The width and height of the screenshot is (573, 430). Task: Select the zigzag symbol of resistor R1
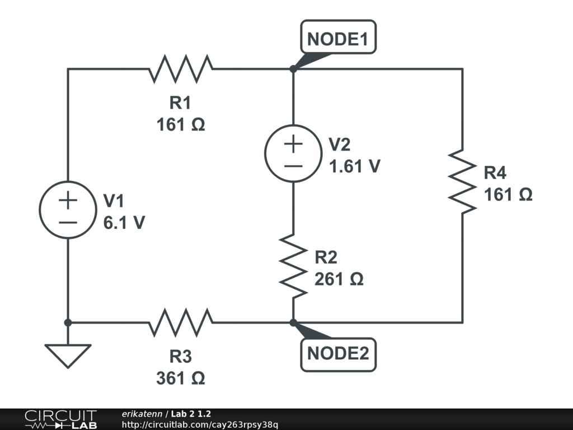pyautogui.click(x=181, y=69)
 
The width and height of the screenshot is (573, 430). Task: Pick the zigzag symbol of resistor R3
pyautogui.click(x=181, y=322)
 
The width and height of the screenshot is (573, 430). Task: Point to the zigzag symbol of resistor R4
pyautogui.click(x=462, y=181)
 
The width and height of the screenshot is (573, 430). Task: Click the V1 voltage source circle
pyautogui.click(x=68, y=210)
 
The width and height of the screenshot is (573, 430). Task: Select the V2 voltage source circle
pyautogui.click(x=293, y=153)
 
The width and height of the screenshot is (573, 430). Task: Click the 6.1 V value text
pyautogui.click(x=124, y=222)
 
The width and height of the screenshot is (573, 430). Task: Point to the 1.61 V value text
pyautogui.click(x=355, y=166)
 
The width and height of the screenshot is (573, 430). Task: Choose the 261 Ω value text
pyautogui.click(x=339, y=278)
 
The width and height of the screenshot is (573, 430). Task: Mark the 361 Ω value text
pyautogui.click(x=181, y=378)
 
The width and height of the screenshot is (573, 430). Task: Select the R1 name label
pyautogui.click(x=181, y=102)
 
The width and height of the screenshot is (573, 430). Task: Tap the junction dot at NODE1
pyautogui.click(x=293, y=69)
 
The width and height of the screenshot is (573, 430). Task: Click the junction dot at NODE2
pyautogui.click(x=293, y=322)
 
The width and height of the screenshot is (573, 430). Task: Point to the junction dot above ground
pyautogui.click(x=68, y=322)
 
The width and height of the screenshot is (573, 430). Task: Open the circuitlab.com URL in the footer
pyautogui.click(x=200, y=424)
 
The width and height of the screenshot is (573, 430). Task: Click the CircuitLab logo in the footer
pyautogui.click(x=60, y=419)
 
